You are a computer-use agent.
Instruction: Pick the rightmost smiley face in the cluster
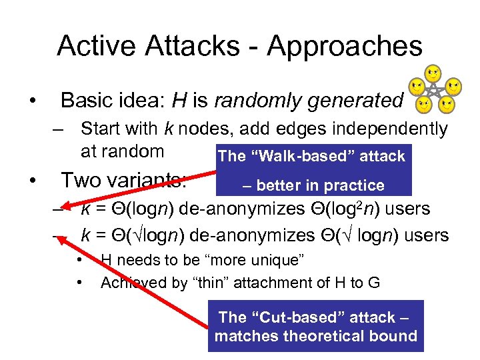(x=453, y=86)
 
